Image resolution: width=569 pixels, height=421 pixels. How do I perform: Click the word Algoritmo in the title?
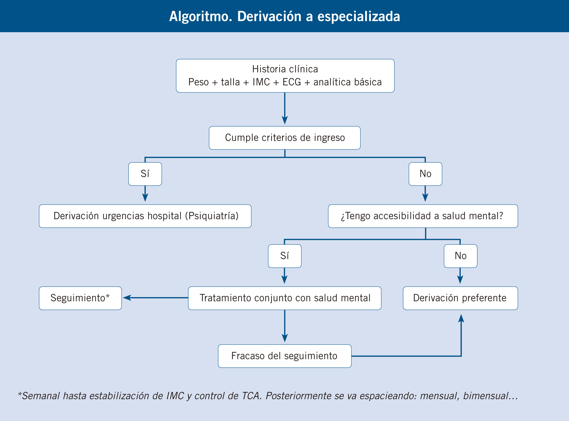(x=201, y=16)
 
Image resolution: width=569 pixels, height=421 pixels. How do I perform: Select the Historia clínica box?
(x=285, y=76)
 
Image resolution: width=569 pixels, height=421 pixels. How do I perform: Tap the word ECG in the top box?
(x=292, y=82)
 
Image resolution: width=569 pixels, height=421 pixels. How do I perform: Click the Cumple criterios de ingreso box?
(x=285, y=138)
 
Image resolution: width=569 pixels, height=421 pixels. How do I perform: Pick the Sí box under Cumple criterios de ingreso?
(x=145, y=174)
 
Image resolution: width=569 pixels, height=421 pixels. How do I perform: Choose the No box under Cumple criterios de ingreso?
(x=425, y=174)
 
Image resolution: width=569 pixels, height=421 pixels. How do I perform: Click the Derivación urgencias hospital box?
(x=145, y=216)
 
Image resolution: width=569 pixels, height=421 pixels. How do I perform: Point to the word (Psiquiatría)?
(x=212, y=216)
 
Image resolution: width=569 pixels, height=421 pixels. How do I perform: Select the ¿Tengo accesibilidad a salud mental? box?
(x=423, y=216)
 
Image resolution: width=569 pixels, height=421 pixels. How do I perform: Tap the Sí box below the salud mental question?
(x=284, y=256)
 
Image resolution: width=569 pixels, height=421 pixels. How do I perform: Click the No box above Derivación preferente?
(x=460, y=256)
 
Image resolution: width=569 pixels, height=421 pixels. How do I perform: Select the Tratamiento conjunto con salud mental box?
(x=284, y=298)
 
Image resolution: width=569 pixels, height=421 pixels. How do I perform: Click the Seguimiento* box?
(x=80, y=298)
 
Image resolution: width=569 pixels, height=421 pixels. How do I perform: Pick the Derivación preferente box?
(x=460, y=298)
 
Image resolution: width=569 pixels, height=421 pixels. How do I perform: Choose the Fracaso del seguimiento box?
(x=284, y=356)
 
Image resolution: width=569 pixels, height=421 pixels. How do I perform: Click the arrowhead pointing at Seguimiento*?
(x=127, y=298)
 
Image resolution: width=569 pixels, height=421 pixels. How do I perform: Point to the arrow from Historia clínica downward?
(x=285, y=108)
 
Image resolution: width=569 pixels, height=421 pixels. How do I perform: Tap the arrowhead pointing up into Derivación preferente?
(x=461, y=318)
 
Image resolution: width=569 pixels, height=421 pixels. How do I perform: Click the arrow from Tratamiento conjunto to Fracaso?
(x=284, y=326)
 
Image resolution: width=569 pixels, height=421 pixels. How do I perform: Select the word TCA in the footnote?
(x=251, y=396)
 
